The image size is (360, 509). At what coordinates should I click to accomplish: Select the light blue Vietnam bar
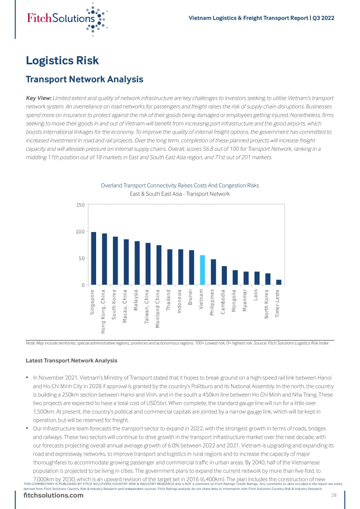pyautogui.click(x=202, y=270)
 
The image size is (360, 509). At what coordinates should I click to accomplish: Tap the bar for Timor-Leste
pyautogui.click(x=279, y=282)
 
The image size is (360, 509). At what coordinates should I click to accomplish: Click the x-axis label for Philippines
pyautogui.click(x=213, y=303)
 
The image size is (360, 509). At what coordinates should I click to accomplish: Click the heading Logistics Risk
pyautogui.click(x=62, y=60)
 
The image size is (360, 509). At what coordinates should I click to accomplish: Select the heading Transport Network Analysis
pyautogui.click(x=84, y=79)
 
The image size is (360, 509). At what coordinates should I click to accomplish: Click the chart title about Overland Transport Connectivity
pyautogui.click(x=180, y=186)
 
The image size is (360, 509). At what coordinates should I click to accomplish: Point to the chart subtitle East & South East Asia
pyautogui.click(x=180, y=194)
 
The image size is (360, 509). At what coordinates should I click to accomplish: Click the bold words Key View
pyautogui.click(x=38, y=98)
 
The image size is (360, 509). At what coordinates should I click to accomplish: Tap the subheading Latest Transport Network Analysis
pyautogui.click(x=72, y=360)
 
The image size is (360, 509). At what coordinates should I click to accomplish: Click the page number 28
pyautogui.click(x=334, y=495)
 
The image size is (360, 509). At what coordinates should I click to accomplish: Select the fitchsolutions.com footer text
pyautogui.click(x=53, y=495)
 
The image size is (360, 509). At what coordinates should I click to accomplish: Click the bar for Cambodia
pyautogui.click(x=224, y=275)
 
